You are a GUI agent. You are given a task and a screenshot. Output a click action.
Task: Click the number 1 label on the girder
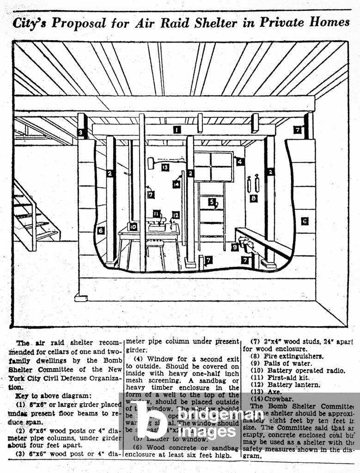177,130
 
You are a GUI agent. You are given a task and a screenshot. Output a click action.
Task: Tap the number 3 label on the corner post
82,133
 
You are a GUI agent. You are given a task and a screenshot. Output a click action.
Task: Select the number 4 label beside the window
239,161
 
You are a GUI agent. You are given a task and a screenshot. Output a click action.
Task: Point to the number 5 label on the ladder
211,202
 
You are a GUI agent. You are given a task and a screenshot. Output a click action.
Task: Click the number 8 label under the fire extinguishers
253,198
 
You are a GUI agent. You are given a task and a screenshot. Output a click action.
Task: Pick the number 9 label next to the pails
235,247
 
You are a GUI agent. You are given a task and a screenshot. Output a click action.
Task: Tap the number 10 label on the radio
134,226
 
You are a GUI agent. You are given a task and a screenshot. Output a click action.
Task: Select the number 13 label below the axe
165,167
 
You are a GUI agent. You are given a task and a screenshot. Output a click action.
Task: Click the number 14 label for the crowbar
176,184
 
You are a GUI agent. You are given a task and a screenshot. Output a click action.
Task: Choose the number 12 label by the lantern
175,215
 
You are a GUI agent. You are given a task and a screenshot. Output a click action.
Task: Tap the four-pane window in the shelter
213,166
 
